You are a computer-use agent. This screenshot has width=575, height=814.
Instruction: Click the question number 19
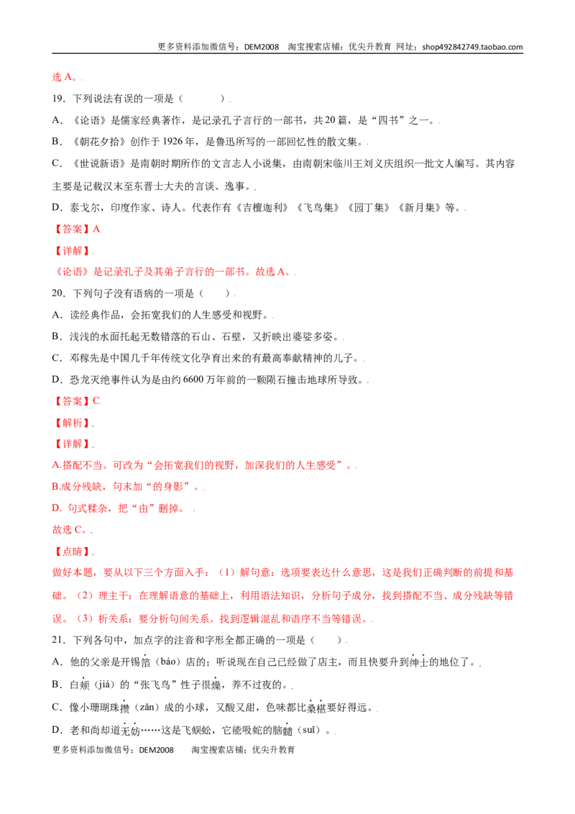(x=58, y=99)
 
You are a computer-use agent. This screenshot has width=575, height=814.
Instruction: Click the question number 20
(x=58, y=293)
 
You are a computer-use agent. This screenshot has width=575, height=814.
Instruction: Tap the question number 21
(x=58, y=640)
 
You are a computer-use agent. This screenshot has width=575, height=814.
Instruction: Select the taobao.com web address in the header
(x=472, y=47)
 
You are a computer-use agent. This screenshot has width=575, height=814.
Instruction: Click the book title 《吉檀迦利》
(x=262, y=208)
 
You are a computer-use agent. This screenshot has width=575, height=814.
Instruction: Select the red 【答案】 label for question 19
(x=72, y=229)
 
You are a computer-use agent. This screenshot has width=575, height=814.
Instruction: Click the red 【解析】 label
(x=72, y=423)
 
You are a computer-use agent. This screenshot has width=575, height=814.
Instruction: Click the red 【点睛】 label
(x=72, y=552)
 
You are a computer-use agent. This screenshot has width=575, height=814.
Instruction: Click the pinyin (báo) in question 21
(x=167, y=662)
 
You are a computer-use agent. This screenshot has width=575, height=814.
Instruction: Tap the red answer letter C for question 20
(x=96, y=401)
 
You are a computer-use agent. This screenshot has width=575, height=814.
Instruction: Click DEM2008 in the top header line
(x=262, y=47)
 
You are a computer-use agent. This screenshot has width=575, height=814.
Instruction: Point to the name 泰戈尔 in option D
(x=84, y=208)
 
